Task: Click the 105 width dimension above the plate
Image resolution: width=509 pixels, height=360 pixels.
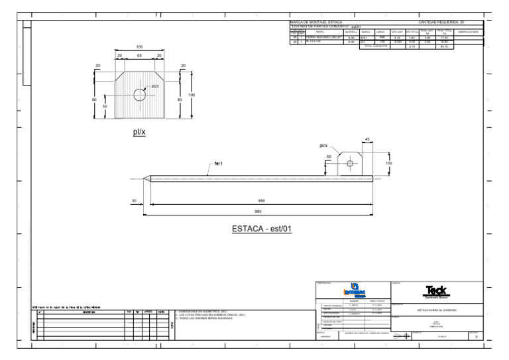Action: pos(139,47)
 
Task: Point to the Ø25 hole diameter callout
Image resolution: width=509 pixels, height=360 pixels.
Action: pos(155,87)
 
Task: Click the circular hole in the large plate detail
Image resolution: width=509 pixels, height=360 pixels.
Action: pos(139,95)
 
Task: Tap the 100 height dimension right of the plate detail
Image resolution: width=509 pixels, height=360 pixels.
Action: pos(192,95)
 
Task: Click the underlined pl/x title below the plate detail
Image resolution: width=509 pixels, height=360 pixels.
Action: pos(139,132)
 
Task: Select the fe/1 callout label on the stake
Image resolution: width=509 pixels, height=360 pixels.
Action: pos(218,162)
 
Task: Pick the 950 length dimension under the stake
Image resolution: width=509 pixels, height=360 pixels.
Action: pos(261,200)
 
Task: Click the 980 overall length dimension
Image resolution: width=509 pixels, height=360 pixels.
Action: pos(261,211)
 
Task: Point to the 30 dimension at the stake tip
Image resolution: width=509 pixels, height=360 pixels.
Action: pos(134,200)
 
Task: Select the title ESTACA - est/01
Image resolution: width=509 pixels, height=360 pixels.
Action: pos(262,229)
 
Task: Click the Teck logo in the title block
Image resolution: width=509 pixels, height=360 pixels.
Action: pos(437,290)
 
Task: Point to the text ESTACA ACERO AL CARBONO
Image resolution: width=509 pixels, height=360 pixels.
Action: pos(436,310)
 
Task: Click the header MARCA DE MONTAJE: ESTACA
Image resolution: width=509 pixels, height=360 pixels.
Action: pos(317,22)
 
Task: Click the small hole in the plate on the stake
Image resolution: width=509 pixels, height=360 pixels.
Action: pos(350,162)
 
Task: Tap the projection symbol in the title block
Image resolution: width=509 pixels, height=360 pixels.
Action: pos(401,336)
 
